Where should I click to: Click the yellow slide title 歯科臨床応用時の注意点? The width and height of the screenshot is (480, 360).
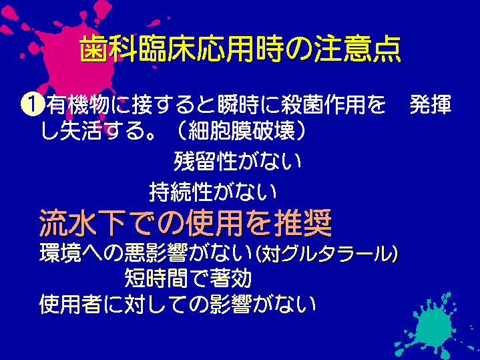click(x=240, y=49)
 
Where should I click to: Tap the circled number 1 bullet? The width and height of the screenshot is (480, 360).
click(x=32, y=105)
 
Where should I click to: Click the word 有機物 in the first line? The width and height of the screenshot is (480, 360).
click(x=78, y=105)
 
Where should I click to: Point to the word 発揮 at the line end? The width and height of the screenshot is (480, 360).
click(x=431, y=105)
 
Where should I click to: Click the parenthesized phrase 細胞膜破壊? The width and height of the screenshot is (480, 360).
click(x=242, y=131)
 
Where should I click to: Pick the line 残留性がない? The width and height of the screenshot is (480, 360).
click(x=238, y=161)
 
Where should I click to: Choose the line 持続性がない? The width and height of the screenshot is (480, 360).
click(x=213, y=192)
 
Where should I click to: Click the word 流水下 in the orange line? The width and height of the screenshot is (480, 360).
click(x=82, y=222)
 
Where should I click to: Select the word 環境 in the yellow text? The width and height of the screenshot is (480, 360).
click(x=60, y=252)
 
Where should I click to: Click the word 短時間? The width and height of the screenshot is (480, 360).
click(x=156, y=279)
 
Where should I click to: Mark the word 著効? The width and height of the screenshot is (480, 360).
click(x=230, y=279)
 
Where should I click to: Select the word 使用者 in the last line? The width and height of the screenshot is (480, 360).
click(x=71, y=304)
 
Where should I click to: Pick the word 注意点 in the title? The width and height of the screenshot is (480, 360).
click(x=358, y=49)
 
